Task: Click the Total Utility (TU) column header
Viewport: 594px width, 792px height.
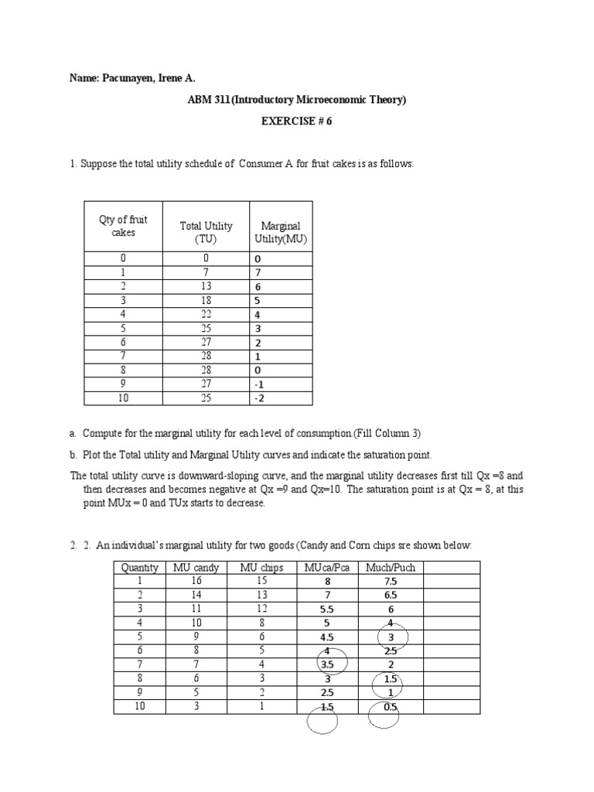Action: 206,232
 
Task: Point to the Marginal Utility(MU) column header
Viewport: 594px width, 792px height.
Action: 281,232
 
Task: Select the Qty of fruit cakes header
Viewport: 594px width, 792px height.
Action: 123,226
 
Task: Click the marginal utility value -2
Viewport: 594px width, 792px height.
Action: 258,398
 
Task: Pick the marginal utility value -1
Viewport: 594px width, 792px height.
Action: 258,384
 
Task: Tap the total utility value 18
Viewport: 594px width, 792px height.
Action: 206,300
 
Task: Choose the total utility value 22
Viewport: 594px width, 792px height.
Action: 206,314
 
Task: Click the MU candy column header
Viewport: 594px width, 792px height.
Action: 196,568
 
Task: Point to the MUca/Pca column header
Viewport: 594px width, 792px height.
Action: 327,568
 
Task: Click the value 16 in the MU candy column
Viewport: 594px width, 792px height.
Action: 196,581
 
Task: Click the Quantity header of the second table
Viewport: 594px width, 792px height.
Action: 140,568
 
